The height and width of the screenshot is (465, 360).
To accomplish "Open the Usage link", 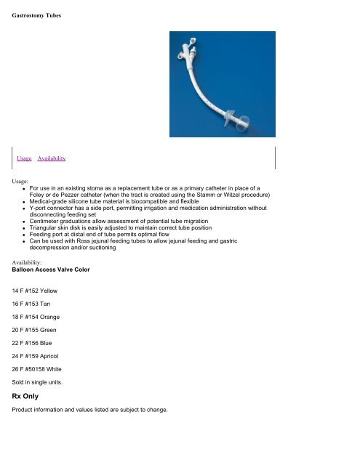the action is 25,158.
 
